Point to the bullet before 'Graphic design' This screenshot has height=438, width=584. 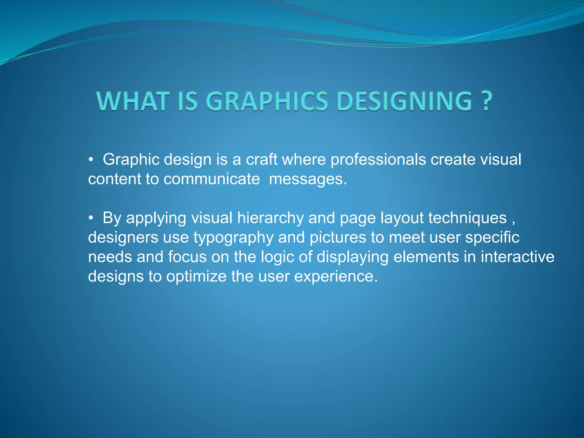coord(91,160)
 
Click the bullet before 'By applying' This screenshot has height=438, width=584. coord(91,218)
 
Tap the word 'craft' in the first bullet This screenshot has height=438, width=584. coord(261,159)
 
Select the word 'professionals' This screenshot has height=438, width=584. coord(378,159)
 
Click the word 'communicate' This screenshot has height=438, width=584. coord(212,179)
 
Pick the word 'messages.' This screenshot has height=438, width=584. coord(308,180)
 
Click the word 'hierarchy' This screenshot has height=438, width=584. coord(270,218)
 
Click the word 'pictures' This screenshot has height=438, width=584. coord(338,238)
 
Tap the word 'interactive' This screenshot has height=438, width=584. coord(517,257)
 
